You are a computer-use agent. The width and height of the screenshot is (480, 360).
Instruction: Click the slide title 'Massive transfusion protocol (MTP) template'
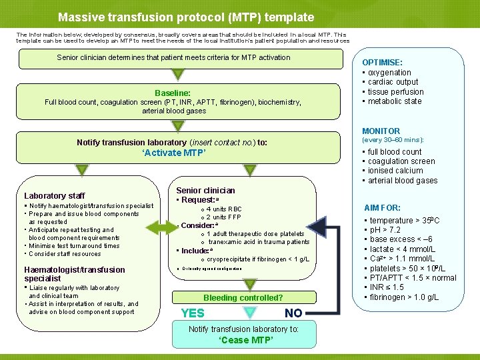(185, 17)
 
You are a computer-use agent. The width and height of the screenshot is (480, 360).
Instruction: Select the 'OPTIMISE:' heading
(382, 63)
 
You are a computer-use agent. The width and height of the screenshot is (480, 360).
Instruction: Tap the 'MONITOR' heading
(381, 131)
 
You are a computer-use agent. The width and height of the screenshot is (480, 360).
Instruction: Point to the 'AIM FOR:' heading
(382, 208)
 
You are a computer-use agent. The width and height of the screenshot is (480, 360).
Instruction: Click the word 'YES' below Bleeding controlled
(193, 313)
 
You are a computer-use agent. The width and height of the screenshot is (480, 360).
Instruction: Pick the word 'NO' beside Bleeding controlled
(293, 313)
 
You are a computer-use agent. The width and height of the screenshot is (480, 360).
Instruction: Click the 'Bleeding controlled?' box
(243, 298)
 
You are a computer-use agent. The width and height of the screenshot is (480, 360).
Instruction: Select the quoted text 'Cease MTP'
(243, 341)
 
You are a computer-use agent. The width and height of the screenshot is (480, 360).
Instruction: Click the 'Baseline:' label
(173, 93)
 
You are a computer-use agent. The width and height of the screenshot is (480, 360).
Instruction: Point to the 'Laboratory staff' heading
(54, 196)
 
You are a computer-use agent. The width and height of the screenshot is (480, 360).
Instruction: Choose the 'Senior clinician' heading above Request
(205, 191)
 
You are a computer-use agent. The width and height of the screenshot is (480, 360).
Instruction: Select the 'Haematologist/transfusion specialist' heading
(75, 274)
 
